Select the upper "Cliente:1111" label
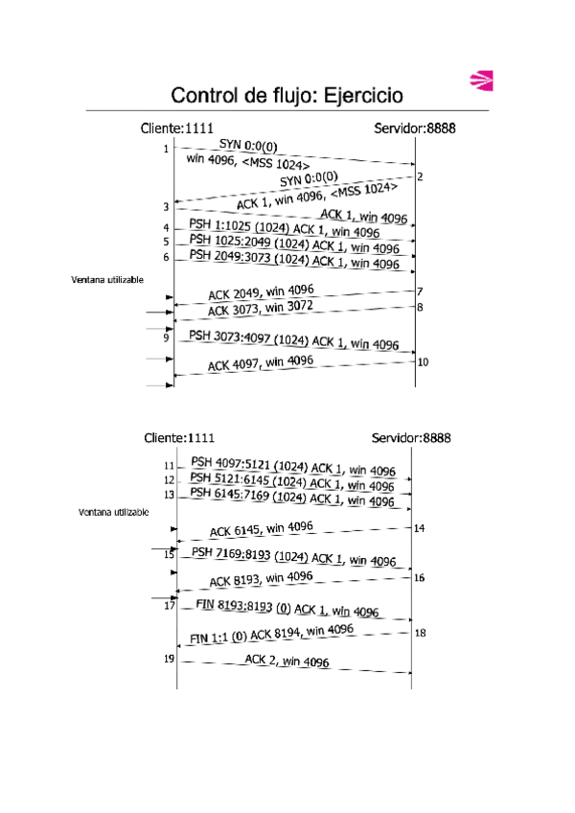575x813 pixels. click(x=176, y=128)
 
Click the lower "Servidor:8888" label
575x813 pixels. click(x=410, y=437)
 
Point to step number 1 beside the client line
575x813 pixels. click(x=166, y=149)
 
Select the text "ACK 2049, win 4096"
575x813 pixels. click(x=260, y=291)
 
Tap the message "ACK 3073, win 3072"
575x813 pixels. click(x=260, y=308)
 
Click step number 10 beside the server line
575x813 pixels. click(x=423, y=361)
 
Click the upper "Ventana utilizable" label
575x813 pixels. click(x=107, y=281)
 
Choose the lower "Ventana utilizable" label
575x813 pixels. click(x=113, y=512)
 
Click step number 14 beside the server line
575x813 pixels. click(x=420, y=528)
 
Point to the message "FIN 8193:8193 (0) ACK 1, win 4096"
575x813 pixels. click(x=286, y=608)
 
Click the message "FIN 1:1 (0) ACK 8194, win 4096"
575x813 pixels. click(x=271, y=634)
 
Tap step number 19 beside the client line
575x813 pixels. click(x=169, y=659)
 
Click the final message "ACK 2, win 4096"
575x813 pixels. click(x=287, y=661)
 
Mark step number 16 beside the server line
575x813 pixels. click(x=420, y=577)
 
